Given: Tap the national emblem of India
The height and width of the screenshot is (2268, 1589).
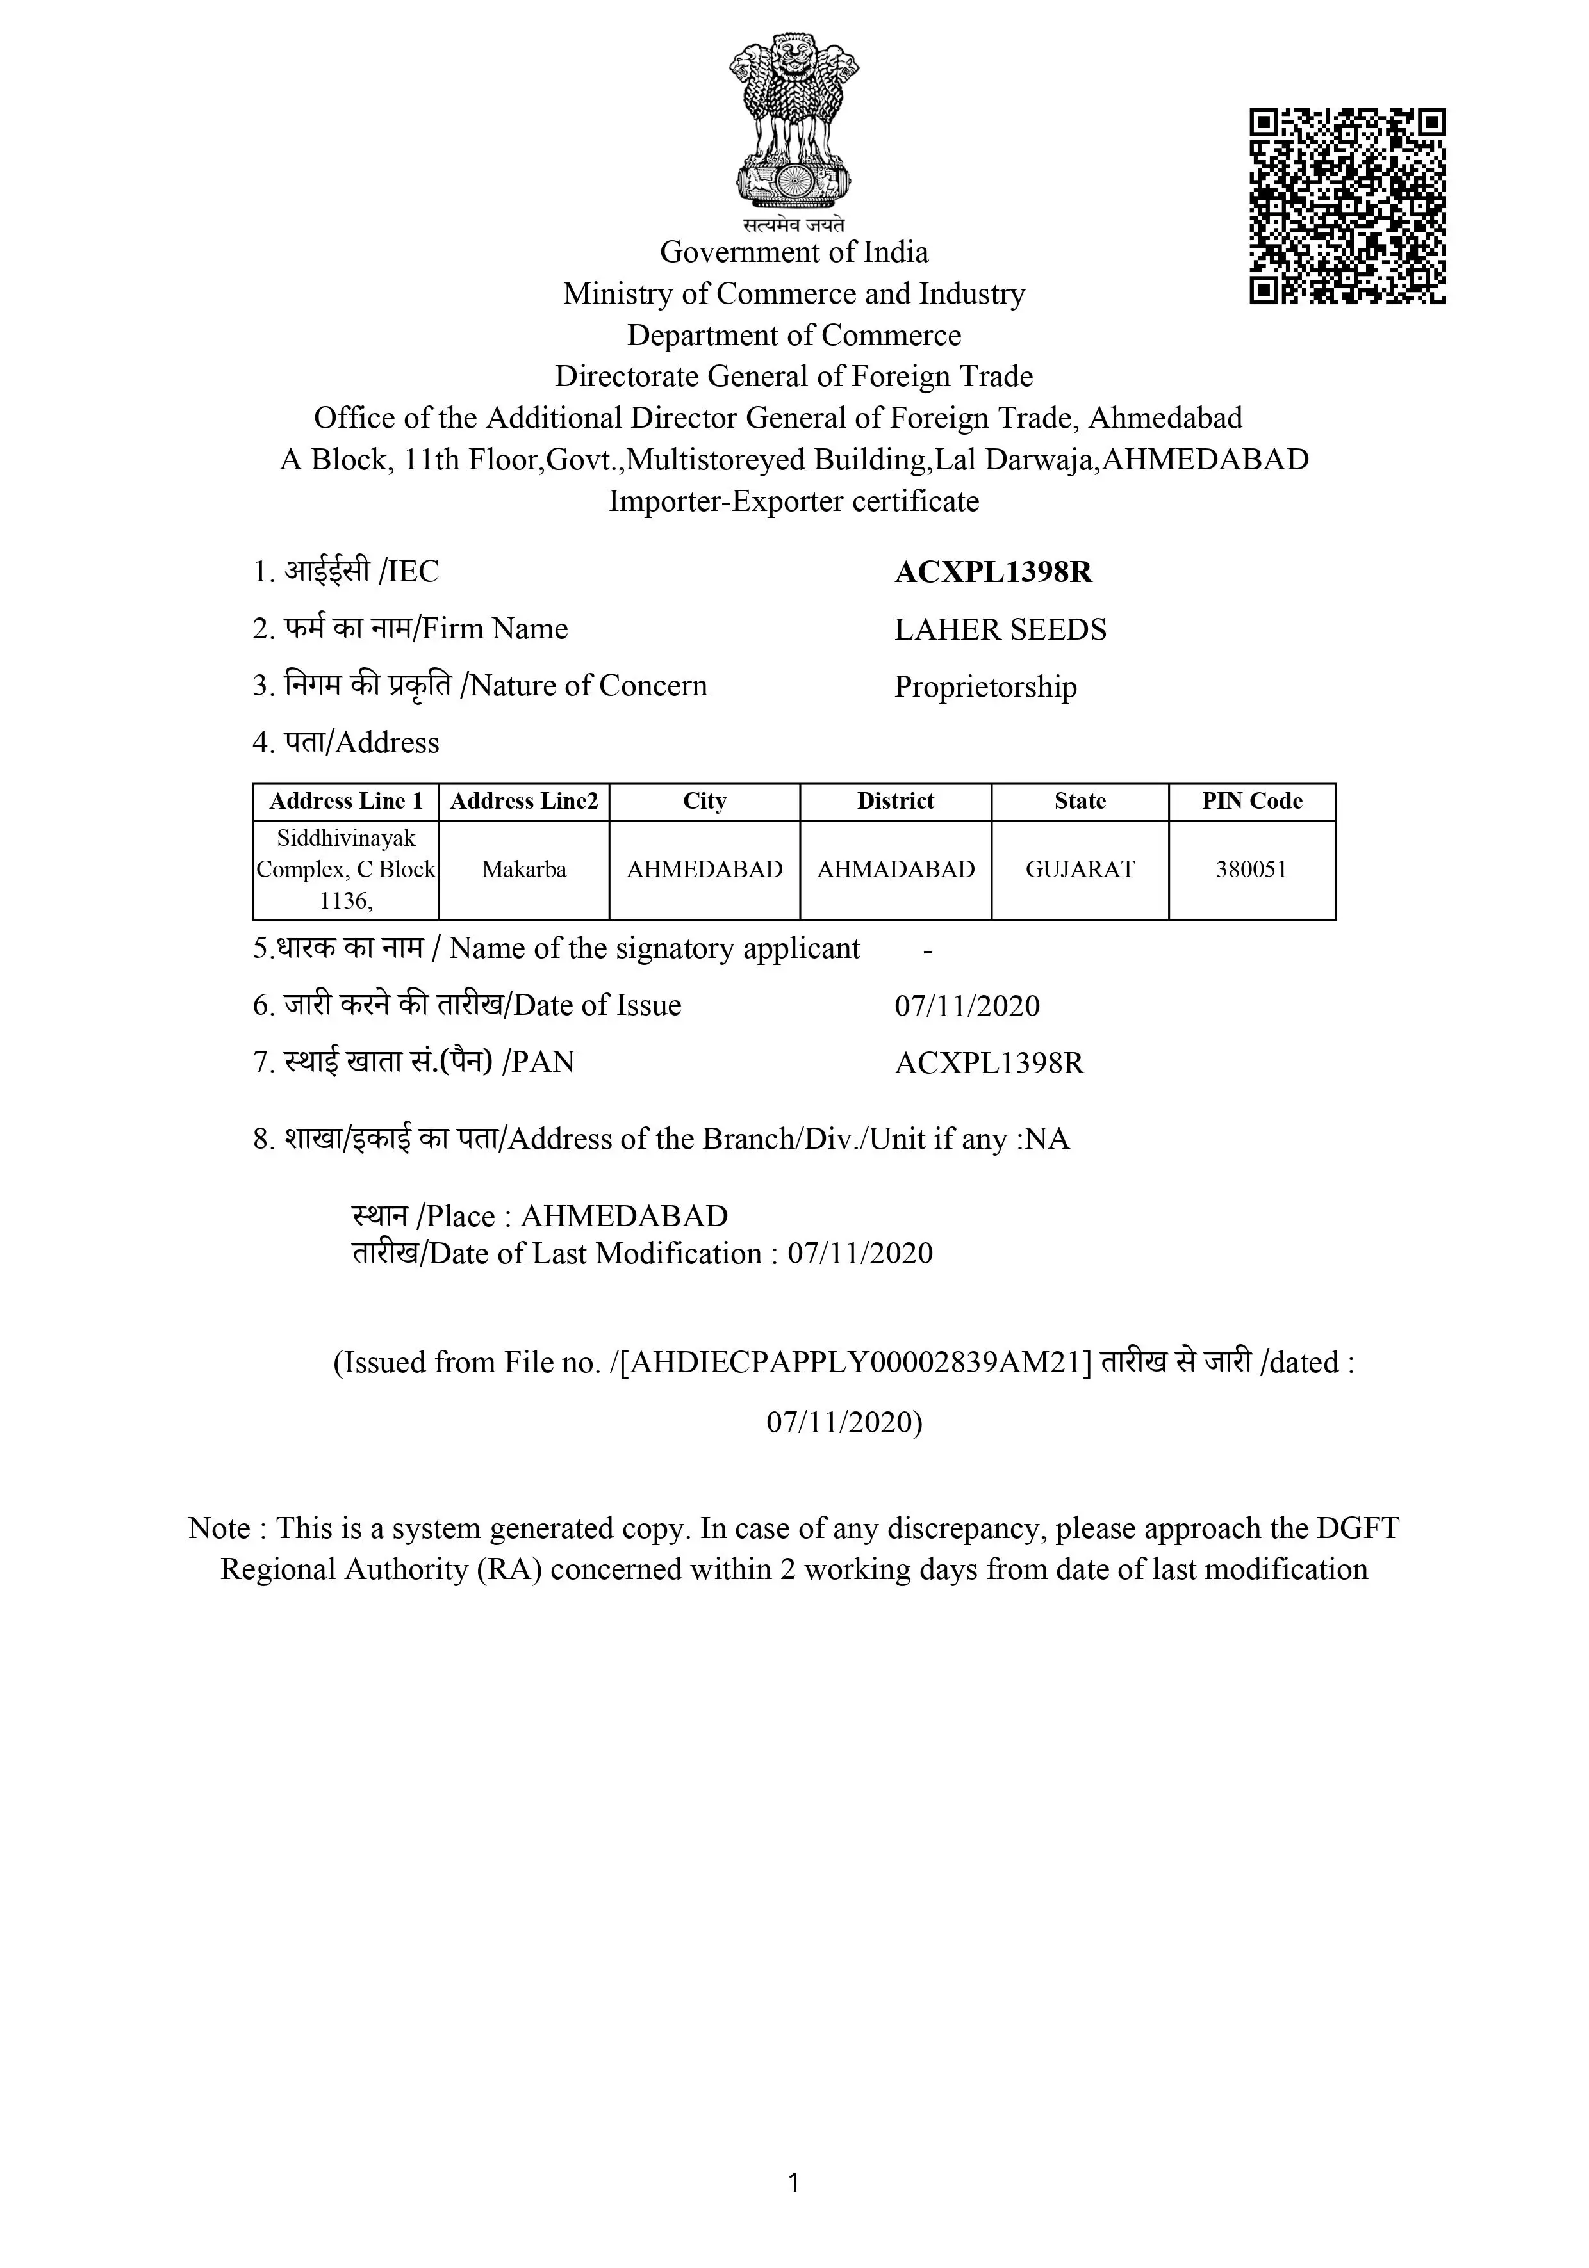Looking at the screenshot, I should (x=793, y=124).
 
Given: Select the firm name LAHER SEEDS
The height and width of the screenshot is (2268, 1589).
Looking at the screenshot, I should (x=1000, y=629).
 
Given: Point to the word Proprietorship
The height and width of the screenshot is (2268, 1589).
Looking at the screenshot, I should (x=985, y=686).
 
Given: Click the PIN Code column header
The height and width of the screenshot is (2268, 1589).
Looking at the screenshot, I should (x=1251, y=801).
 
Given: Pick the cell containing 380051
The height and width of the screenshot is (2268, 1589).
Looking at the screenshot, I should (x=1251, y=870).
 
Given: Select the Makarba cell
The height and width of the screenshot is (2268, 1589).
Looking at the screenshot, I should (x=523, y=870).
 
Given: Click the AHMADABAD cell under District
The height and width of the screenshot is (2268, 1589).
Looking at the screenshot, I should (x=895, y=870).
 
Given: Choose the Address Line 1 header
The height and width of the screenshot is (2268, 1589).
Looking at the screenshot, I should (x=346, y=801).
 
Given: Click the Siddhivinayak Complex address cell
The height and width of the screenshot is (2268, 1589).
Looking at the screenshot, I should (x=346, y=870).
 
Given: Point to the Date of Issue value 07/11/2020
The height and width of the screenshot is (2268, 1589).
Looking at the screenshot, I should (x=966, y=1005).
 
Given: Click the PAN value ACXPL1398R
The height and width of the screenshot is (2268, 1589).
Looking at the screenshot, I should (x=989, y=1063).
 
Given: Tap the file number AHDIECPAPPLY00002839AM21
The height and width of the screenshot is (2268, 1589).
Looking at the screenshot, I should (x=856, y=1362).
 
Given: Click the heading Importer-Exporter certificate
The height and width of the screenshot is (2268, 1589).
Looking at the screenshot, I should (x=793, y=501).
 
